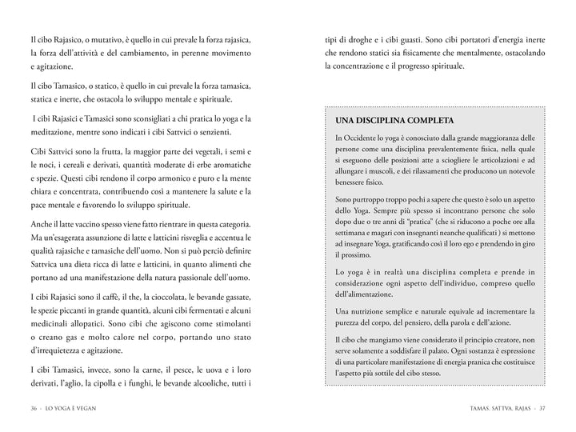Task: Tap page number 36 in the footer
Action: coord(32,410)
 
